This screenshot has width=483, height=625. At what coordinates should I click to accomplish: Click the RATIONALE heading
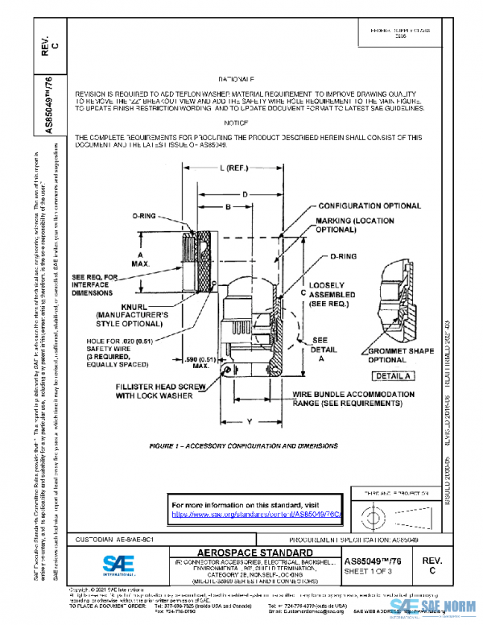point(236,80)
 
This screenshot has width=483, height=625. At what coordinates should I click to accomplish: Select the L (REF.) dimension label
point(233,168)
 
